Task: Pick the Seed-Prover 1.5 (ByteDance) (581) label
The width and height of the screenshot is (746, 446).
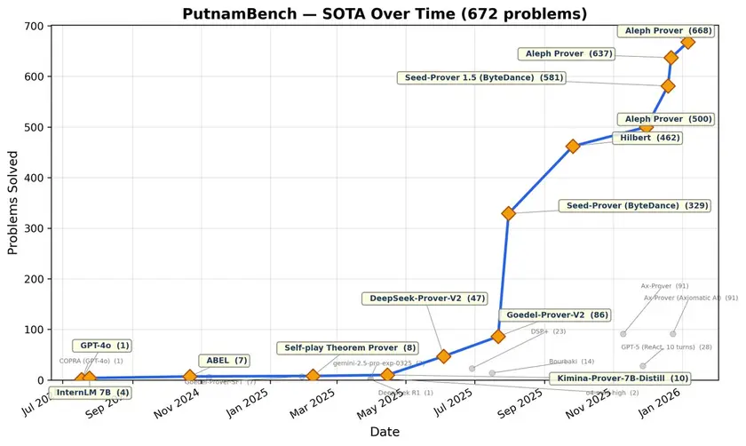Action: click(483, 78)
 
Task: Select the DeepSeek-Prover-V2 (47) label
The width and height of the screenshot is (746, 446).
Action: click(425, 299)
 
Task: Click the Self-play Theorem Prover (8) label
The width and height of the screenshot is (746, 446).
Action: click(348, 347)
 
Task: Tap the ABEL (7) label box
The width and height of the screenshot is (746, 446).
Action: click(226, 360)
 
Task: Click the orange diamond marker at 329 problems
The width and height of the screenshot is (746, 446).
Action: click(509, 213)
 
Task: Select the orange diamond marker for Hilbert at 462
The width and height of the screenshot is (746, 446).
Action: click(573, 147)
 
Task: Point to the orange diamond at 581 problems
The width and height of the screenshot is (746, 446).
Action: click(668, 86)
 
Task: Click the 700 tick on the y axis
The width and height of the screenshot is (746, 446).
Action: click(32, 26)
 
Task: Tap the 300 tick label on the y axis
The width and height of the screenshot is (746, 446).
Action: click(32, 228)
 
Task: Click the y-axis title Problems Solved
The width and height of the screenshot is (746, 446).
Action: click(12, 203)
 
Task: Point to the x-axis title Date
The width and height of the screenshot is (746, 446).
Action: click(385, 431)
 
